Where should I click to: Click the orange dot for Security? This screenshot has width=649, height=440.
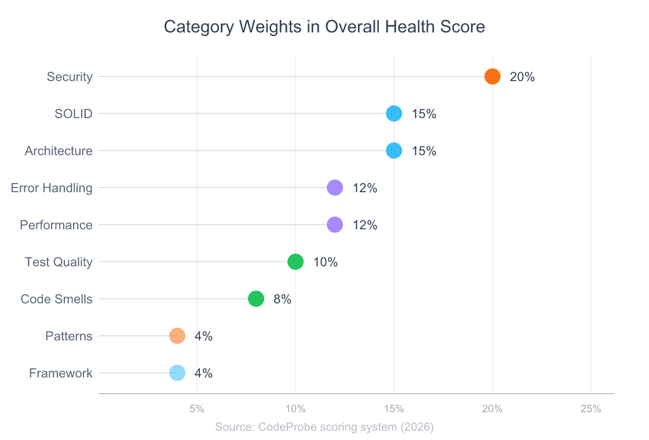[x=492, y=76]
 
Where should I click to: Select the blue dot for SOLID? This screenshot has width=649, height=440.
[x=394, y=113]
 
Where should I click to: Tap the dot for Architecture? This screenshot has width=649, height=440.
[x=394, y=151]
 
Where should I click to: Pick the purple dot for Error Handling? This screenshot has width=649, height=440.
[x=335, y=188]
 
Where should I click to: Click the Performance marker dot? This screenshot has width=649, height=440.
[x=335, y=225]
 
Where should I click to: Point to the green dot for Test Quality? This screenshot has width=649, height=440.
[x=296, y=262]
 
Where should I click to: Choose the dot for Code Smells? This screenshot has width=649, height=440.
[x=256, y=299]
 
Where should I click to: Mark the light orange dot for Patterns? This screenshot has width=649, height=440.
[x=177, y=336]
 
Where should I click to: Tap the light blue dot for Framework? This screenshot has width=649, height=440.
[x=177, y=373]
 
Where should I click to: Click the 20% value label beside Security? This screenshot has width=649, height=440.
[x=522, y=77]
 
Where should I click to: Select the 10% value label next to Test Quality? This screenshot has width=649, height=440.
[x=326, y=262]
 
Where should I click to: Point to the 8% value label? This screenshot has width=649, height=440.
[x=282, y=299]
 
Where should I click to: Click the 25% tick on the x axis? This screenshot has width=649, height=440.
[x=590, y=409]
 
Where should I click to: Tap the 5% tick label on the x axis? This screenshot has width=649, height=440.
[x=197, y=409]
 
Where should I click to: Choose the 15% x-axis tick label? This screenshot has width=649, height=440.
[x=394, y=409]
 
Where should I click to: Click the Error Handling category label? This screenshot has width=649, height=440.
[x=52, y=188]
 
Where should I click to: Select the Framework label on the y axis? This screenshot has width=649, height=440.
[x=61, y=373]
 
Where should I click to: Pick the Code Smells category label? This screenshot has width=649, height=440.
[x=56, y=299]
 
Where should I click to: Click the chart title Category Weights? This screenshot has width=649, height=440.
[x=324, y=27]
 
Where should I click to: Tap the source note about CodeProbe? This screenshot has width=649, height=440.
[x=324, y=427]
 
